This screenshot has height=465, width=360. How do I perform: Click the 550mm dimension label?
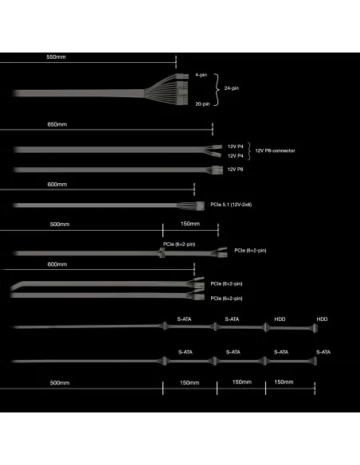pyautogui.click(x=56, y=57)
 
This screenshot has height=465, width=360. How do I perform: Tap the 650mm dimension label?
pyautogui.click(x=57, y=124)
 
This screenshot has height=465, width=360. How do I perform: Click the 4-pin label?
pyautogui.click(x=201, y=75)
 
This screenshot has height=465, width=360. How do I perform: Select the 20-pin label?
pyautogui.click(x=202, y=104)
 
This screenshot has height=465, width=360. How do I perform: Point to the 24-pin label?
pyautogui.click(x=232, y=88)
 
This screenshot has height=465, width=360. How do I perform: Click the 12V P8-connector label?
pyautogui.click(x=276, y=150)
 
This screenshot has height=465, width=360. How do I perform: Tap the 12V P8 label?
pyautogui.click(x=235, y=170)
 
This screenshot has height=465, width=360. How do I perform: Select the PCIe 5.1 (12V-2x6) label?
pyautogui.click(x=231, y=205)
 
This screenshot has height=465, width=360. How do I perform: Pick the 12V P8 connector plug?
pyautogui.click(x=217, y=170)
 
